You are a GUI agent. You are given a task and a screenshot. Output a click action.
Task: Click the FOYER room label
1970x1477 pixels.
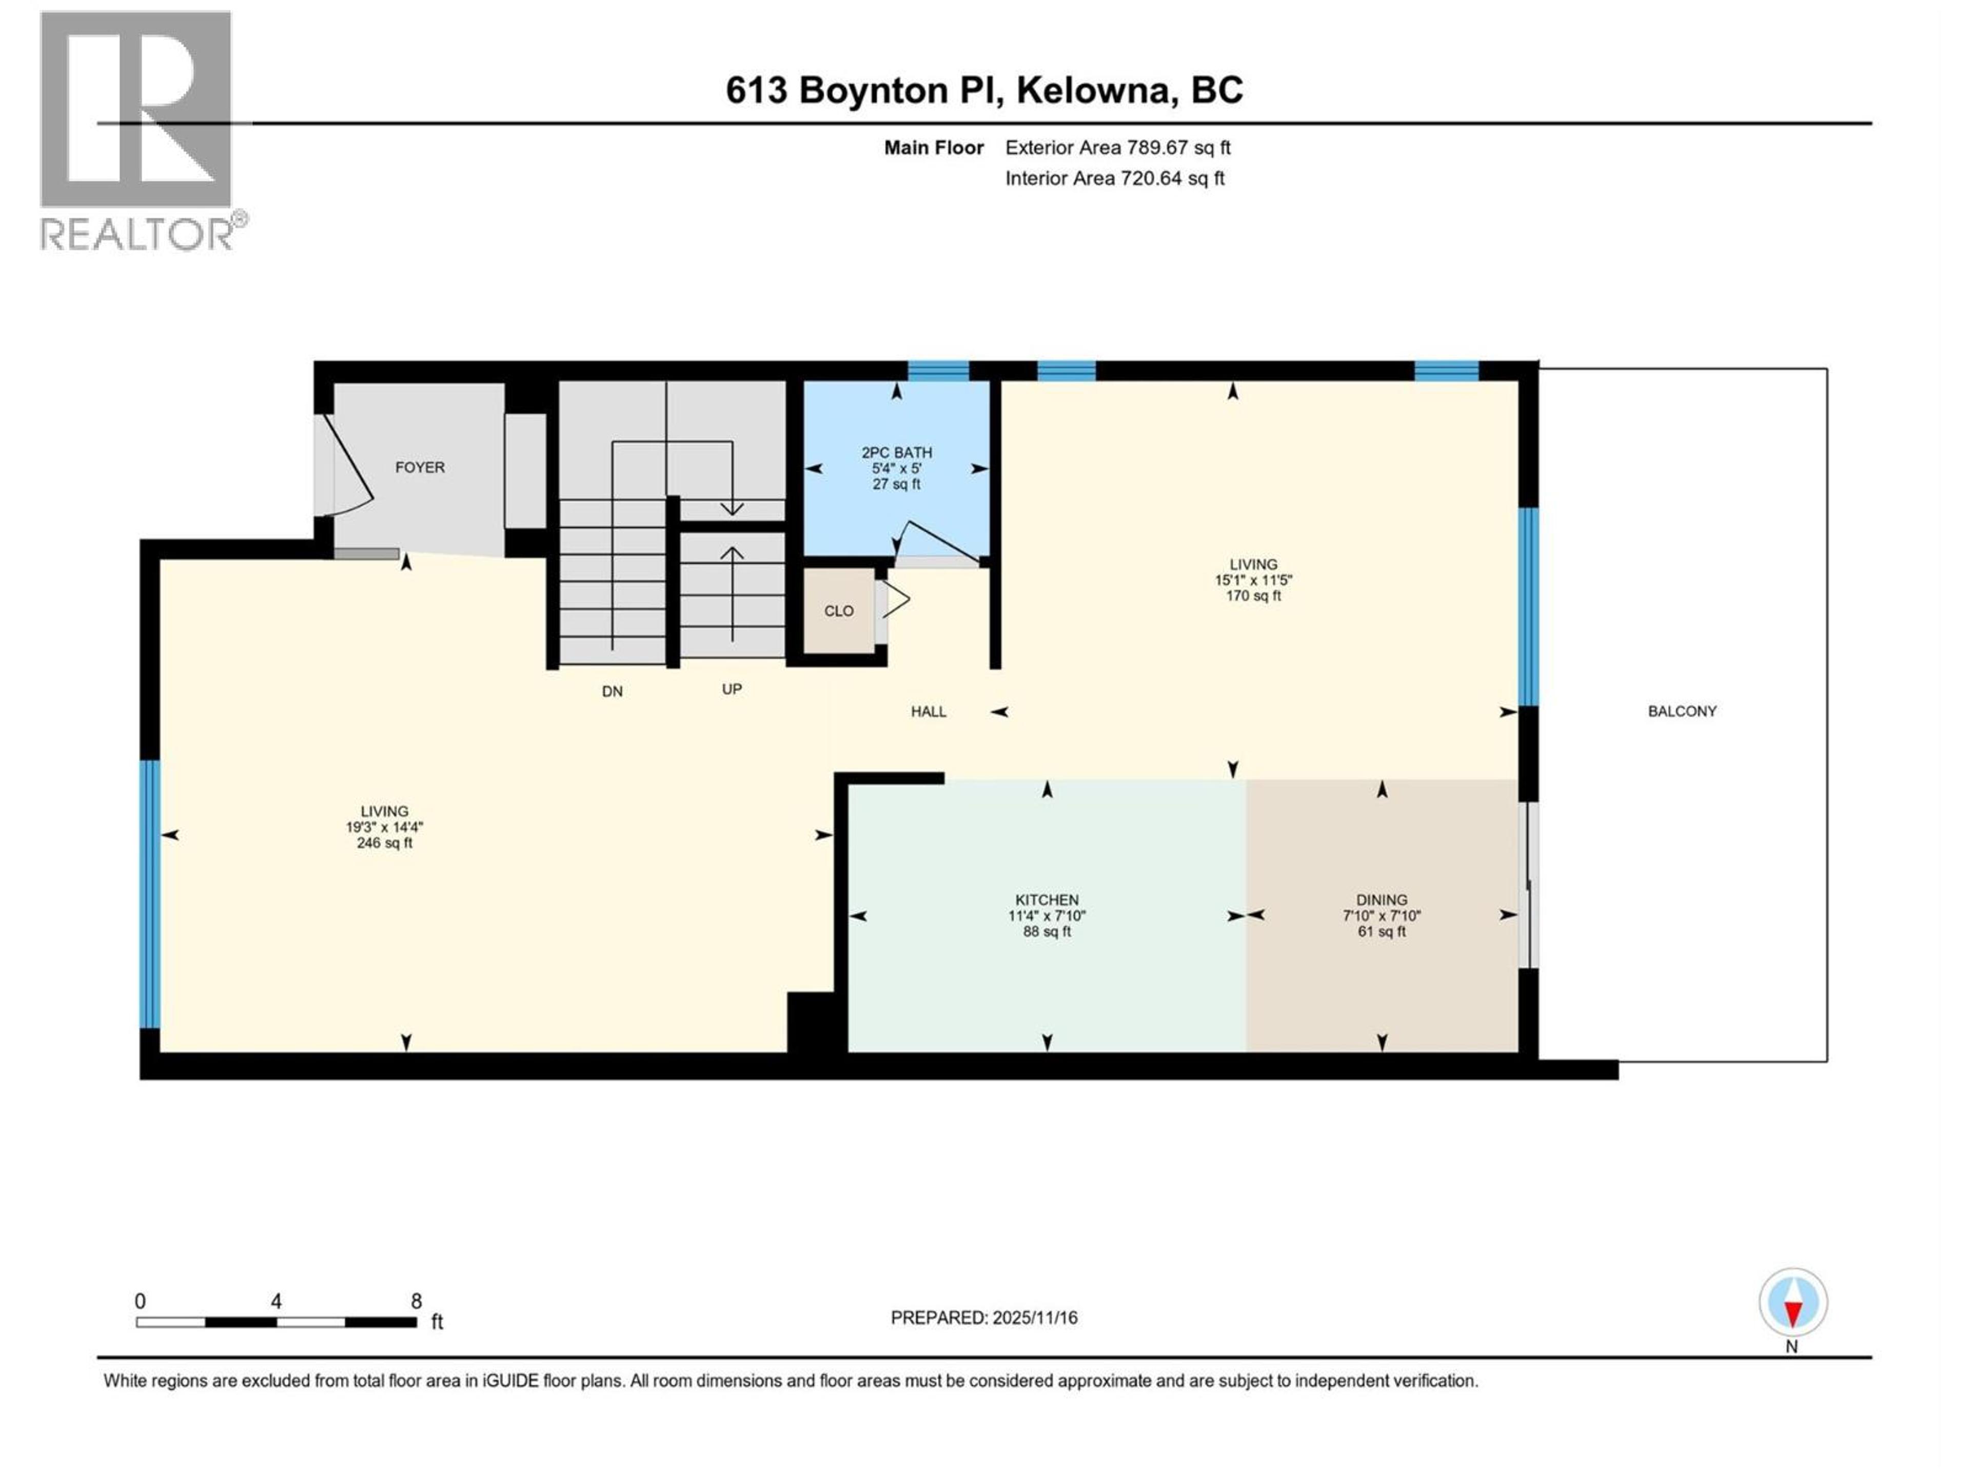pos(420,467)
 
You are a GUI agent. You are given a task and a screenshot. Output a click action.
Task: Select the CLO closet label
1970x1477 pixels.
pos(838,611)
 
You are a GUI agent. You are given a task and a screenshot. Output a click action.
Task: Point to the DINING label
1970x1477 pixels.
pos(1382,900)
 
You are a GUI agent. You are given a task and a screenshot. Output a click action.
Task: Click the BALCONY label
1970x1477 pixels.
pos(1682,711)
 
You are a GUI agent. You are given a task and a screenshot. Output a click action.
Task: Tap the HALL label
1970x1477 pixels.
pos(928,711)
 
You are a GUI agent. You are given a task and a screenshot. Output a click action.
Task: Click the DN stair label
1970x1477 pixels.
pos(612,691)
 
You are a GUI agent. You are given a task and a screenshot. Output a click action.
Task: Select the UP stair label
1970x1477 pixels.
pos(731,689)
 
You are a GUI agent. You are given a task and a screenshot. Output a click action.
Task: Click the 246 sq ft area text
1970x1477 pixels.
pos(384,843)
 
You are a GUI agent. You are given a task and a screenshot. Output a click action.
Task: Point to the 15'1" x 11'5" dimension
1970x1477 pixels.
pos(1253,580)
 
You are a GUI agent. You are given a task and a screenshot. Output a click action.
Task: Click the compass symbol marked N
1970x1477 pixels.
pos(1793,1303)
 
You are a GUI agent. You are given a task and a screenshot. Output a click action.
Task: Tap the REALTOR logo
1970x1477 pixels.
pos(138,133)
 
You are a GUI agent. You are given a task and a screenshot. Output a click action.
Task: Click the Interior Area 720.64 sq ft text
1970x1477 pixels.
pos(1114,178)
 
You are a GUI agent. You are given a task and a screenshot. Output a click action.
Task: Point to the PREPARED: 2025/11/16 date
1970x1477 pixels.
pos(983,1318)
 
